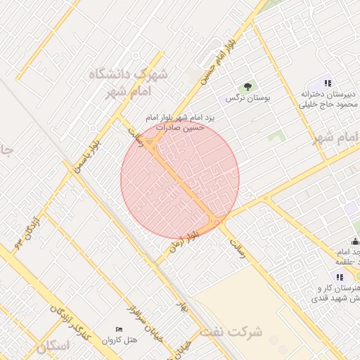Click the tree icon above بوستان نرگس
[247, 87]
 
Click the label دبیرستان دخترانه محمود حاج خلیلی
[329, 99]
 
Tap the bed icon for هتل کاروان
[119, 330]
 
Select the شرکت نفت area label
[236, 330]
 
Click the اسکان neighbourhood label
[53, 346]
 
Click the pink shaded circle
[180, 179]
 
